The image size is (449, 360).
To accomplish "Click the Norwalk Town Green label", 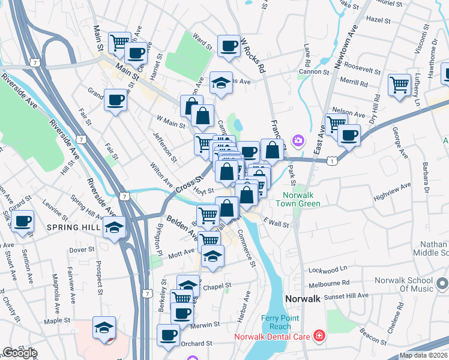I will point(302,199).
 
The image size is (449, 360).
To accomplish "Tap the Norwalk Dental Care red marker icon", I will point(320,336).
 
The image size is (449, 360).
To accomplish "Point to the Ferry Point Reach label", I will point(276,322).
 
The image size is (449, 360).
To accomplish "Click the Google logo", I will point(20,353).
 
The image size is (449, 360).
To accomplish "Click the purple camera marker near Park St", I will point(298,141).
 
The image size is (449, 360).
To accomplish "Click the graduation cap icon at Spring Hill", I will point(114,227).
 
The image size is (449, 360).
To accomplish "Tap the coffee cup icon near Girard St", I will point(23,221).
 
